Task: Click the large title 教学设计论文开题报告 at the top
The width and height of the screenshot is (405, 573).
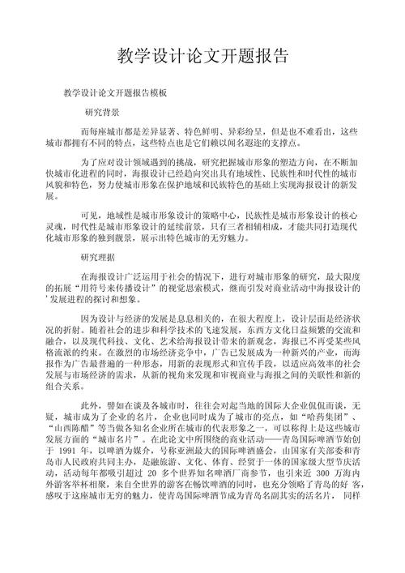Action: pyautogui.click(x=202, y=56)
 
